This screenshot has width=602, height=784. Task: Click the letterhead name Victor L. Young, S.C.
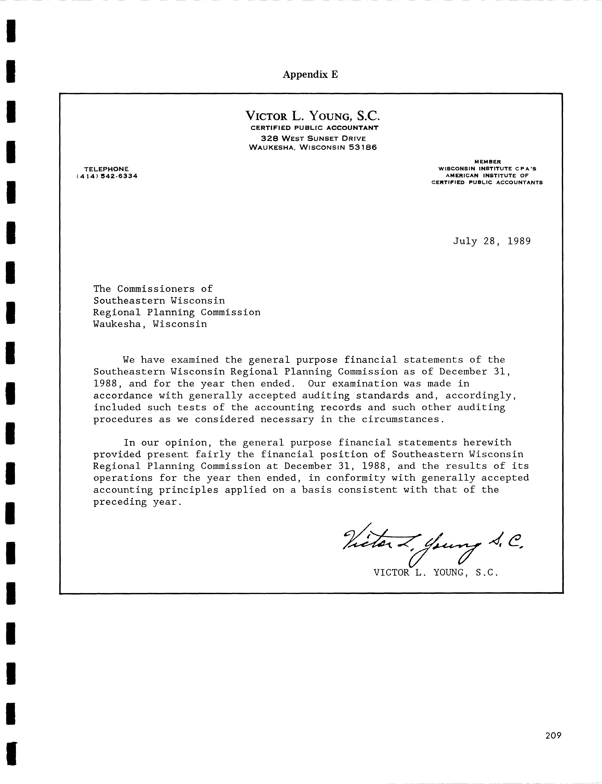(x=312, y=116)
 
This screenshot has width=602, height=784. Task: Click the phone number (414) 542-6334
(x=107, y=176)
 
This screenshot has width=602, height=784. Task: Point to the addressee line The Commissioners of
(x=153, y=289)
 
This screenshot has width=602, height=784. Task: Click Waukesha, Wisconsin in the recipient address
(x=150, y=324)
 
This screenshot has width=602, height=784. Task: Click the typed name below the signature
(x=436, y=573)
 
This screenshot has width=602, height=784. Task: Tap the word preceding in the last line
(x=120, y=502)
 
